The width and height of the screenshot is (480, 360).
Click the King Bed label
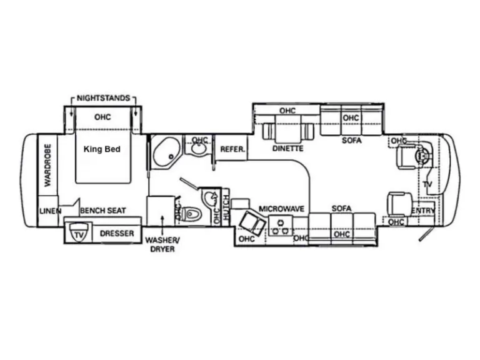(x=102, y=150)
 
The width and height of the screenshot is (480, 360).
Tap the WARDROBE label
(x=47, y=164)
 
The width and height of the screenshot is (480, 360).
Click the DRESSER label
(x=117, y=234)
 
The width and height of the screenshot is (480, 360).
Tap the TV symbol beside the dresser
(x=79, y=234)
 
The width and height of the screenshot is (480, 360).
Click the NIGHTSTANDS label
(x=103, y=98)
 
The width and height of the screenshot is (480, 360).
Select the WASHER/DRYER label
(x=160, y=244)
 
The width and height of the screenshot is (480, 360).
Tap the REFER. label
(x=232, y=150)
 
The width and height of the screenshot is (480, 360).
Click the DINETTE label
(x=287, y=149)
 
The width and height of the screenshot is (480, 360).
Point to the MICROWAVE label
(x=281, y=209)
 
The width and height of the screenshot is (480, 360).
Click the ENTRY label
(x=424, y=211)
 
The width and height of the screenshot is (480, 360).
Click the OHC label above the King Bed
(x=102, y=117)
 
